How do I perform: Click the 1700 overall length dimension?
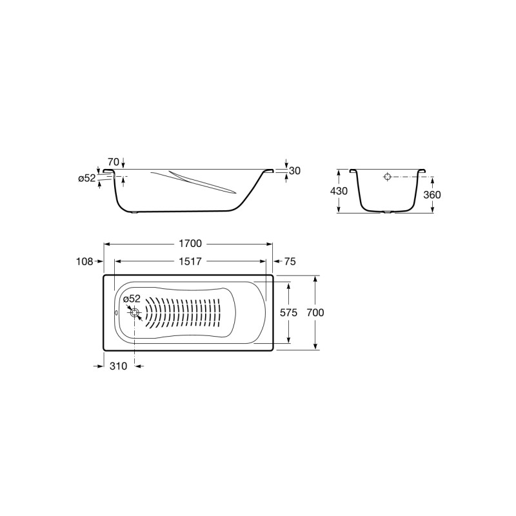(190, 244)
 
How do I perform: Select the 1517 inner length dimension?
(190, 261)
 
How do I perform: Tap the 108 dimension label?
(84, 262)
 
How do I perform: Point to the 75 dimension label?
(290, 261)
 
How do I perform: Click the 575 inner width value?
(288, 312)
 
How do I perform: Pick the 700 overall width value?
(315, 312)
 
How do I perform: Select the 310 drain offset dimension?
(118, 366)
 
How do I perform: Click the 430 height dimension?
(339, 191)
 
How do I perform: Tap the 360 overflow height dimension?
(432, 195)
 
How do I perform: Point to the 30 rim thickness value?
(295, 171)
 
